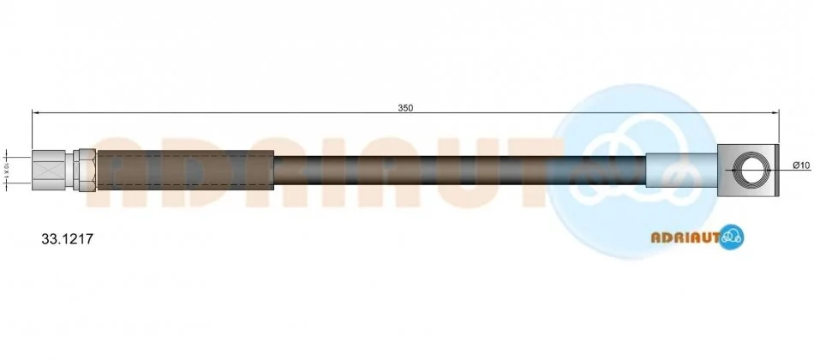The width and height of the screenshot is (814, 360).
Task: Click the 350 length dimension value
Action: pos(405,108)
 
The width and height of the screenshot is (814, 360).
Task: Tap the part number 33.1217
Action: pos(67,239)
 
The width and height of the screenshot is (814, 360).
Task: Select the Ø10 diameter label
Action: pos(801,165)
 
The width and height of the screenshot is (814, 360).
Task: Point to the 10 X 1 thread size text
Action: pos(7,170)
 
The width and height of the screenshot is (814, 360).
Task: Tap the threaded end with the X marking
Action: pos(48,170)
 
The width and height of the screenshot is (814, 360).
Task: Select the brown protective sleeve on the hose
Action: pos(185,170)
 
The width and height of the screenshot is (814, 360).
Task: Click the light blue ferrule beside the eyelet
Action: pos(682,170)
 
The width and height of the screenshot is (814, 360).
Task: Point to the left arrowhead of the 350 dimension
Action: pos(35,111)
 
